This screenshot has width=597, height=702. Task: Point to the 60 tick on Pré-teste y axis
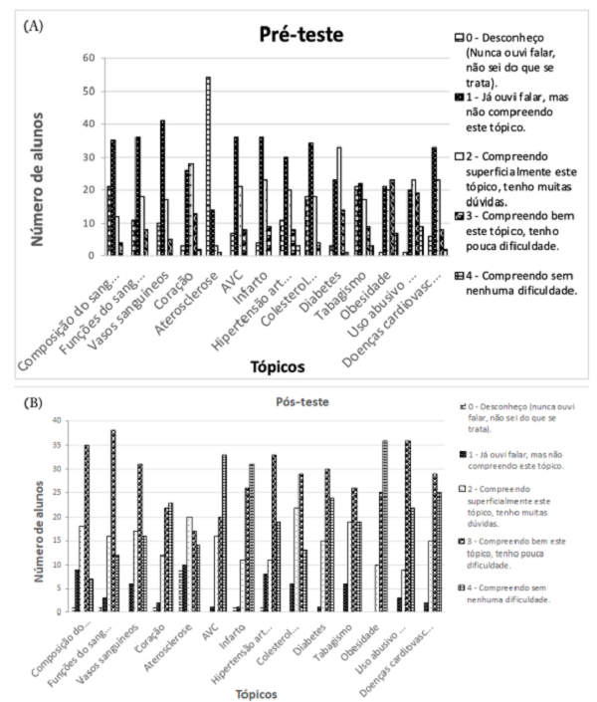[88, 59]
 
